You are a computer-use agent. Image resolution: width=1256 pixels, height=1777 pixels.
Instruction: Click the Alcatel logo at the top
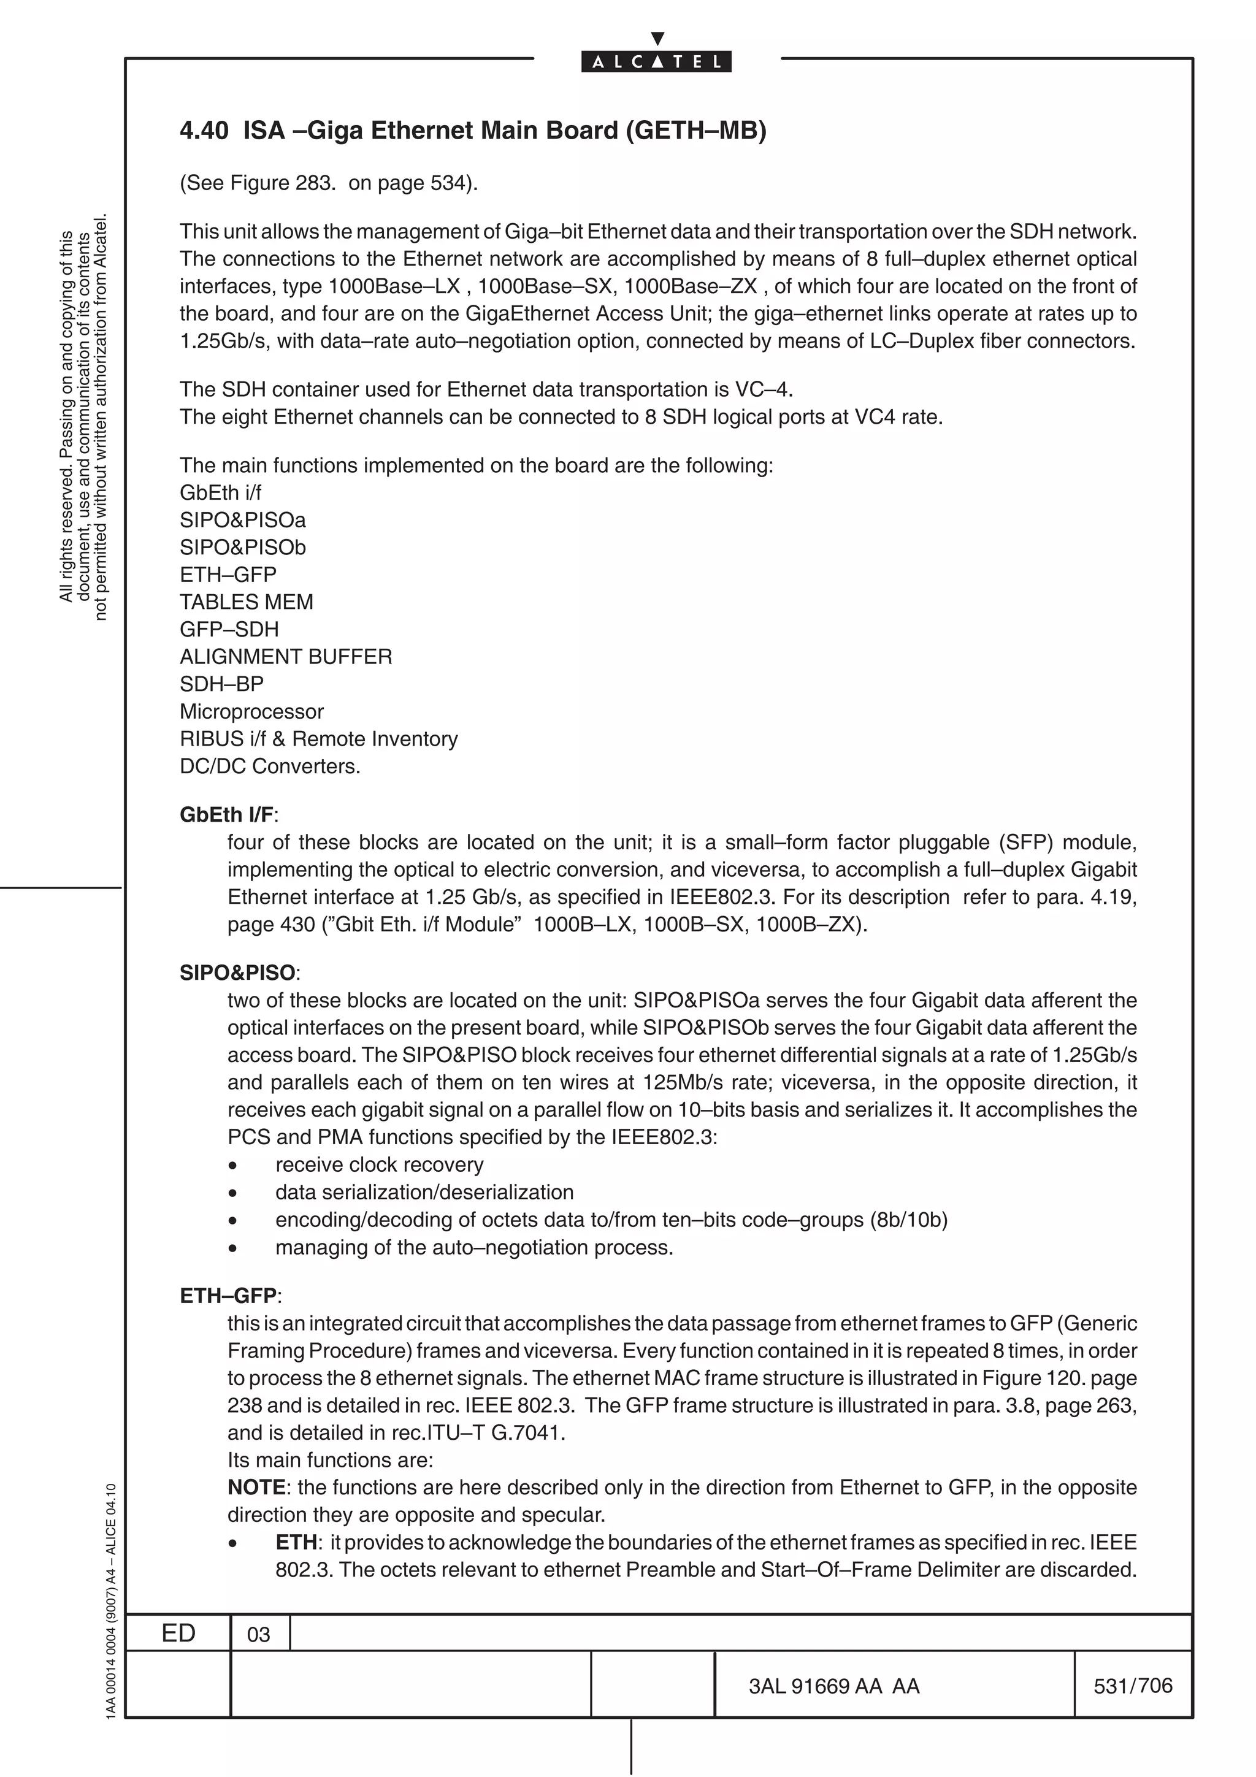pos(656,61)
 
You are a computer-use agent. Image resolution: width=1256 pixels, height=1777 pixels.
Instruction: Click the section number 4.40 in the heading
pos(204,130)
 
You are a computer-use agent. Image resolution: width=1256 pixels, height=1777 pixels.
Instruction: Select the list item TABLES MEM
pos(246,602)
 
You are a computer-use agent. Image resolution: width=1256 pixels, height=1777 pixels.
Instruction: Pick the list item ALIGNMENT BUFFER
pos(286,657)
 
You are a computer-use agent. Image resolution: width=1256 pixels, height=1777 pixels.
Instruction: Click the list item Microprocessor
pos(251,711)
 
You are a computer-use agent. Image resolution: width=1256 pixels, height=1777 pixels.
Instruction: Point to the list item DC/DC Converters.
pos(270,766)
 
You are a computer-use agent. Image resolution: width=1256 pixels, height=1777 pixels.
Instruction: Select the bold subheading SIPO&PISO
pos(237,973)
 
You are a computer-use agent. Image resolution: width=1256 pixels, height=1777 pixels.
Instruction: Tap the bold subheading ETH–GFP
pos(228,1296)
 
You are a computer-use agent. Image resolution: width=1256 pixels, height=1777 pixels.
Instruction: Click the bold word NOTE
pos(256,1488)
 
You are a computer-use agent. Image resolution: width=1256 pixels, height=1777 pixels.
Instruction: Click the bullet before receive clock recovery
pos(232,1166)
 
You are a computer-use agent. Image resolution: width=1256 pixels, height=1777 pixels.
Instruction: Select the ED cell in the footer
pos(178,1633)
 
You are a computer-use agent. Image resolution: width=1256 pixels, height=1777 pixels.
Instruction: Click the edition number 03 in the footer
pos(258,1635)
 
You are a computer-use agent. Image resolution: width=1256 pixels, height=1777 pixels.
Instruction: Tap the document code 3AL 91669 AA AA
pos(833,1686)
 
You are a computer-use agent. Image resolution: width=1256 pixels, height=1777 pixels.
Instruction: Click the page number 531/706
pos(1132,1686)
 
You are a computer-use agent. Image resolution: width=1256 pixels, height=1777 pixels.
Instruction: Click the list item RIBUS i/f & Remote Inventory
pos(318,739)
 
